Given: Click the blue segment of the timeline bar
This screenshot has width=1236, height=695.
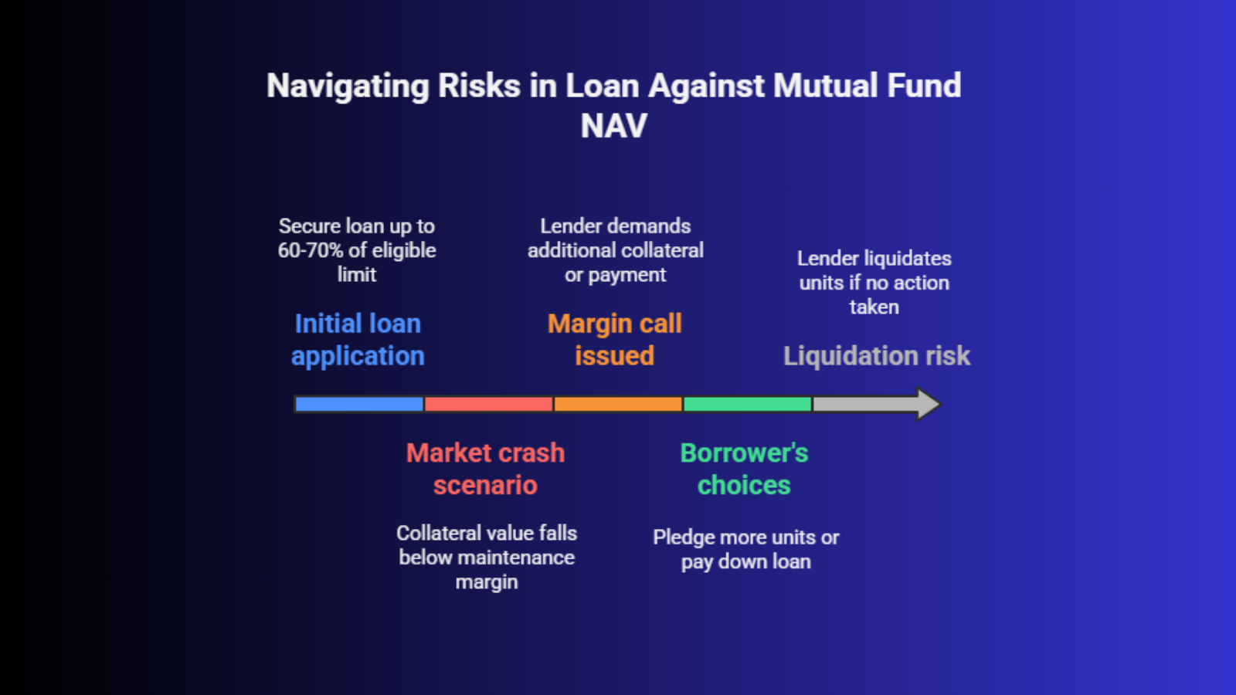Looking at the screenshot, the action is pos(359,405).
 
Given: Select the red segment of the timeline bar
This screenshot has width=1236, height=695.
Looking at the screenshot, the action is pos(488,405).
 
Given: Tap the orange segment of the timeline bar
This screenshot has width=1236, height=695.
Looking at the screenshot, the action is pos(618,405).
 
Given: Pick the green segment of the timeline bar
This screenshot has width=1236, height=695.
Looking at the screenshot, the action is pos(748,405).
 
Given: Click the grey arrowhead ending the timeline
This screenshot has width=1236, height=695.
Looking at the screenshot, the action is pos(928,405).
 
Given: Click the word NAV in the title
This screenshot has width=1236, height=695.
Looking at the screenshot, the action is pos(613,126).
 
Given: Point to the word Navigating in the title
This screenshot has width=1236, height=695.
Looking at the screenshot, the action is pos(348,86).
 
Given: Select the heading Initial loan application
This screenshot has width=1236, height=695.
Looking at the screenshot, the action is pos(358,340).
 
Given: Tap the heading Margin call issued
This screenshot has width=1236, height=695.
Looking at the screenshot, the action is pos(615,340).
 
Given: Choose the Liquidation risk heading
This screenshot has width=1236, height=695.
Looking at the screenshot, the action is pos(877,356).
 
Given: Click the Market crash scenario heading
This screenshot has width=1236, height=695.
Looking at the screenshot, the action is pos(486,469).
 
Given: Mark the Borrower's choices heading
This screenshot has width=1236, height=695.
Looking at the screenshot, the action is pos(745,469).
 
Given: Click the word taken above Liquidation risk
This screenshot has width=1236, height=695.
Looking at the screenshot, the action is pos(874,307).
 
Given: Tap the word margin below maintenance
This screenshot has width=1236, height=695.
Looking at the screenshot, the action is pos(487,582).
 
